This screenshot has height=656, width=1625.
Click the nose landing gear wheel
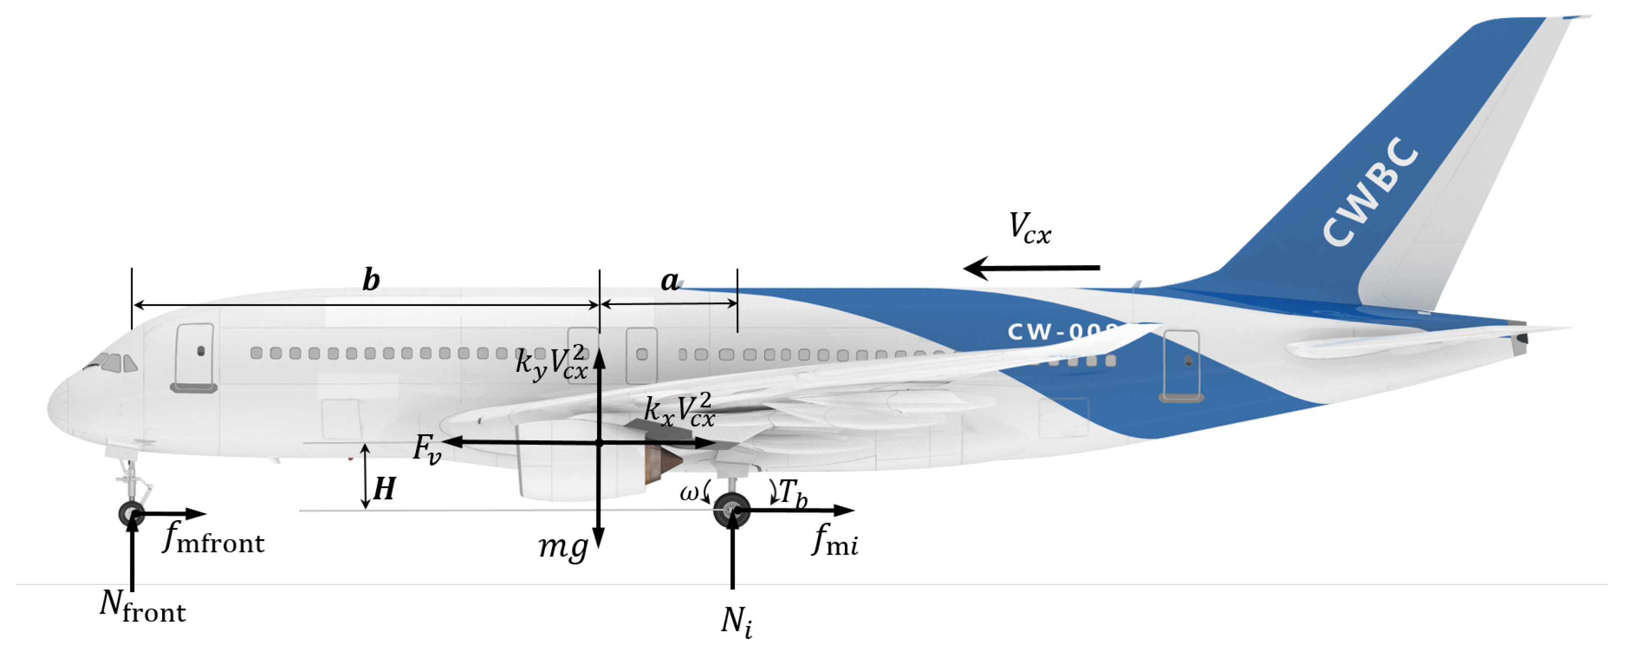point(131,513)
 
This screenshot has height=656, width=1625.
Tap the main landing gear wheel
point(732,510)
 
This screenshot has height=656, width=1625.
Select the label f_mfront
point(213,539)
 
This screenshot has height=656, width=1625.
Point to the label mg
point(563,547)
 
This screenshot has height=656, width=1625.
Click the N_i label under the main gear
point(736,621)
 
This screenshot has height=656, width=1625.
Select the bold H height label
point(384,489)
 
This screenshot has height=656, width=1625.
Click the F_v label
point(427,449)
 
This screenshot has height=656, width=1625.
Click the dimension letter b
point(371,280)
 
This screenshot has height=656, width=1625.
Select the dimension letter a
point(669,281)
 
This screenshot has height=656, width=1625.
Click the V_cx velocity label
point(1029,228)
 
